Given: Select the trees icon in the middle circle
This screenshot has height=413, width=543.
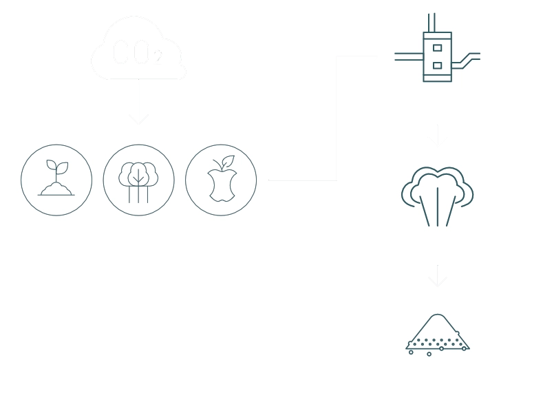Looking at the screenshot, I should pyautogui.click(x=138, y=180).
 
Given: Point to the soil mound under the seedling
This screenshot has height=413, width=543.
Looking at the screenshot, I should pyautogui.click(x=56, y=189).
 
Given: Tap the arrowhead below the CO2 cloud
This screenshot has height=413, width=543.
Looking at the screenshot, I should pyautogui.click(x=138, y=118).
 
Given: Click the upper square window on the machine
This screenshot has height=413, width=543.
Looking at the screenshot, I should pyautogui.click(x=437, y=47).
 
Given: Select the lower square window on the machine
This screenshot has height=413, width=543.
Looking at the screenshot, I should pyautogui.click(x=437, y=65).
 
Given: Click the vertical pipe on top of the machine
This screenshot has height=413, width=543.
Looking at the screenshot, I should pyautogui.click(x=429, y=21).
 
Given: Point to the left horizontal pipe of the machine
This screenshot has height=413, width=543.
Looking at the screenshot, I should pyautogui.click(x=408, y=55).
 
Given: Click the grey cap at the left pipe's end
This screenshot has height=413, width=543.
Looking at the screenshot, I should pyautogui.click(x=393, y=55).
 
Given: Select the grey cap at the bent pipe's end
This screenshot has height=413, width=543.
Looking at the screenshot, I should pyautogui.click(x=482, y=54).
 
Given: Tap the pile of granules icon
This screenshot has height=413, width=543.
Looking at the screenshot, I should pyautogui.click(x=437, y=335).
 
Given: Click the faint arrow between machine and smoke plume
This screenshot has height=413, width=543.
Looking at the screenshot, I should pyautogui.click(x=437, y=134).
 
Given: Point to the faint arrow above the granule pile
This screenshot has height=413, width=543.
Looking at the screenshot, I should pyautogui.click(x=437, y=277).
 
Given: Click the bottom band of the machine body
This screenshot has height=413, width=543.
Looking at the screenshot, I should pyautogui.click(x=437, y=77).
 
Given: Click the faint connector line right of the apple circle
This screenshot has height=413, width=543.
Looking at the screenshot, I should pyautogui.click(x=303, y=179).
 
